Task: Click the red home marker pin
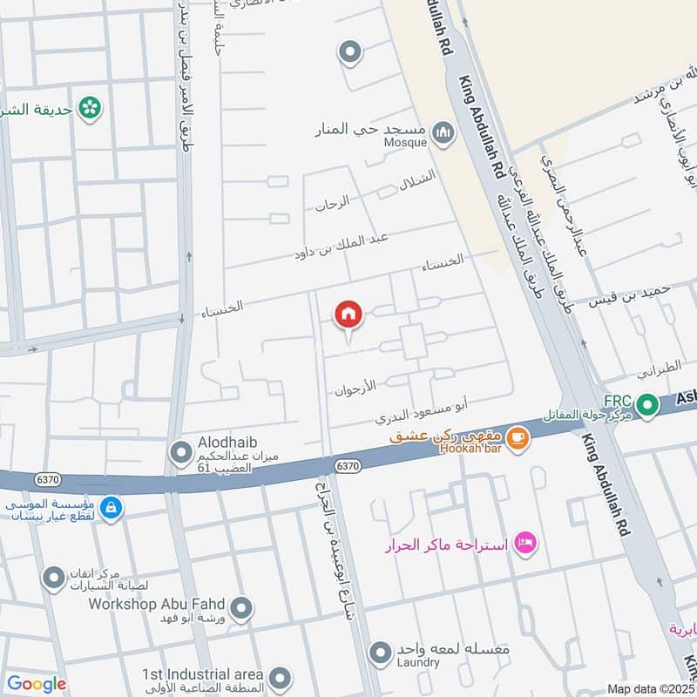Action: (x=348, y=315)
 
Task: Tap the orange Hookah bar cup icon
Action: (x=518, y=439)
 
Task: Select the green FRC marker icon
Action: (x=646, y=404)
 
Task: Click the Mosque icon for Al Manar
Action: (x=445, y=133)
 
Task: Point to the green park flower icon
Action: (x=88, y=108)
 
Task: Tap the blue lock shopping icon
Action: (x=110, y=506)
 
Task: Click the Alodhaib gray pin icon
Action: (x=180, y=452)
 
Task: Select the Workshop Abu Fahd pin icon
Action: (x=242, y=606)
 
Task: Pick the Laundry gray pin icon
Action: (x=380, y=652)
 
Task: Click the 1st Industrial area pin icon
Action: (x=279, y=677)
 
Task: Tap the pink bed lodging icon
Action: (x=525, y=543)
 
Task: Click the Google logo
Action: (x=36, y=684)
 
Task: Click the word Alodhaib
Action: (x=227, y=443)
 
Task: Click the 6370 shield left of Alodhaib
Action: (x=47, y=479)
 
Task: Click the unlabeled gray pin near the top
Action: (x=350, y=53)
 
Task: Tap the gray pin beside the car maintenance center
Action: (x=54, y=577)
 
